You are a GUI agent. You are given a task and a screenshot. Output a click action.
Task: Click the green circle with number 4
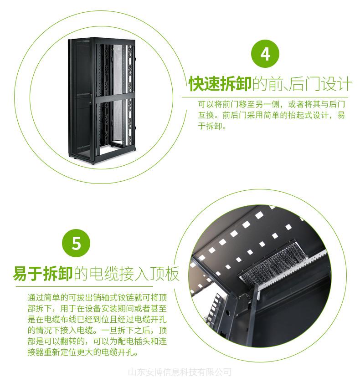(x=265, y=54)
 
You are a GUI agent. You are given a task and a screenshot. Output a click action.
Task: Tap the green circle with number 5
(x=76, y=243)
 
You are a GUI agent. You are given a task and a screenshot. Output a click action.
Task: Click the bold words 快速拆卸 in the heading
(x=220, y=84)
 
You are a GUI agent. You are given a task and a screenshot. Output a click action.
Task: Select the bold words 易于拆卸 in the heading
(x=43, y=273)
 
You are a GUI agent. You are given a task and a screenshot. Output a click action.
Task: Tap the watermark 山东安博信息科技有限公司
(x=180, y=372)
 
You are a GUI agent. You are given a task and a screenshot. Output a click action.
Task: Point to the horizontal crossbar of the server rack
(x=114, y=99)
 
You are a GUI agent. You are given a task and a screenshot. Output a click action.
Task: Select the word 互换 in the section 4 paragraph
(x=206, y=115)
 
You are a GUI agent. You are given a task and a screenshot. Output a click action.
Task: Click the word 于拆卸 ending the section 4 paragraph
(x=210, y=126)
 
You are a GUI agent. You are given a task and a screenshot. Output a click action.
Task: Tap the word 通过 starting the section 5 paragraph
(x=36, y=298)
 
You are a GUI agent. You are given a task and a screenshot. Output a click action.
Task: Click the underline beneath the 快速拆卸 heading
(x=265, y=97)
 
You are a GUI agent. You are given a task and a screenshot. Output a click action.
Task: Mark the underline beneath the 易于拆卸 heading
(x=84, y=286)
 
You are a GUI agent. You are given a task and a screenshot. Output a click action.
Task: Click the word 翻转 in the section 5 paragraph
(x=68, y=341)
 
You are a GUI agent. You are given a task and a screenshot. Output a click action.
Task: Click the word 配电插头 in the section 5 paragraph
(x=134, y=341)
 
